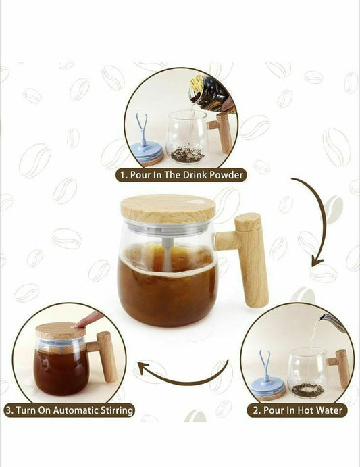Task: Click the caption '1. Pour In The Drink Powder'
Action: click(x=180, y=175)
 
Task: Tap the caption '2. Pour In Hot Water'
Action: click(x=297, y=410)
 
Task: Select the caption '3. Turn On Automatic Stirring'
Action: click(x=69, y=410)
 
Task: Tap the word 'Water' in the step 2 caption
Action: click(x=328, y=410)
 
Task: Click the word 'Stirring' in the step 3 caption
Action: click(x=112, y=410)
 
